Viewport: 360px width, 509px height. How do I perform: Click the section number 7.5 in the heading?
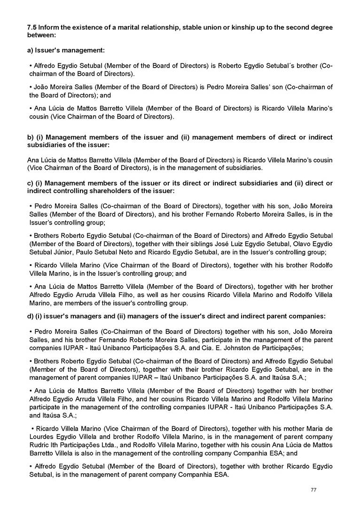point(33,28)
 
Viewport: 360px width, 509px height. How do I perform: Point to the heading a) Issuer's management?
point(66,50)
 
